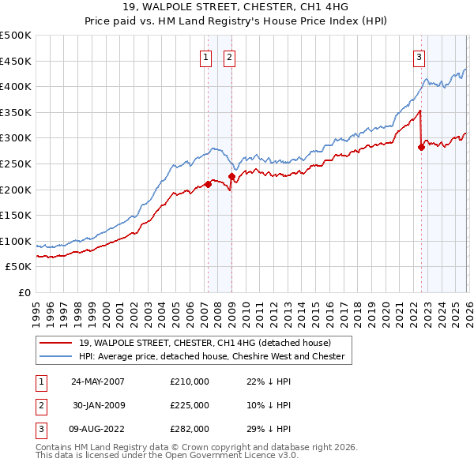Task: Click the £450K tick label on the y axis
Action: pos(16,61)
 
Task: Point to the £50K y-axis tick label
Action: pos(19,267)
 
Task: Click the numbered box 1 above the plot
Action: pos(206,56)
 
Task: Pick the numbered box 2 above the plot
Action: pos(229,56)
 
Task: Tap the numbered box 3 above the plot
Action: pos(419,56)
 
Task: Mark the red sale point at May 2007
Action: pos(208,184)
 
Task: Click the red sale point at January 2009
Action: pos(231,176)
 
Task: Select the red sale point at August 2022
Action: pos(421,147)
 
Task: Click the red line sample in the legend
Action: pos(57,342)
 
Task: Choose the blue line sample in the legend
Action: pos(57,357)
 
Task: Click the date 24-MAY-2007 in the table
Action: pos(98,381)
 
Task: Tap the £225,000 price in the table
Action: pos(190,405)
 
